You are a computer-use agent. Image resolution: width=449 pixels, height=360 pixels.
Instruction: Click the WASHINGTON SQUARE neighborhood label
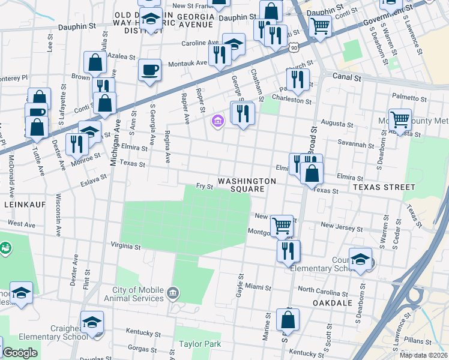[x=247, y=185]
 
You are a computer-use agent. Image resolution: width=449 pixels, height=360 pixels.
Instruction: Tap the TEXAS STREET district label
[x=384, y=187]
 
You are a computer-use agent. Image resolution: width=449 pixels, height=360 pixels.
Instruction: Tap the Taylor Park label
[x=200, y=344]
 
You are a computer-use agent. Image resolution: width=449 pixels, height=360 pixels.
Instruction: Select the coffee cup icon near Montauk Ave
[x=149, y=70]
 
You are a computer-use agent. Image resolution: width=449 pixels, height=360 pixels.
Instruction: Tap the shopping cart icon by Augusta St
[x=400, y=119]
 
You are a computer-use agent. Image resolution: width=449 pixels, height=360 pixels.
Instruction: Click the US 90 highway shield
[x=292, y=46]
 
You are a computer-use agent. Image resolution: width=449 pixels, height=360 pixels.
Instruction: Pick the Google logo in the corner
[x=20, y=353]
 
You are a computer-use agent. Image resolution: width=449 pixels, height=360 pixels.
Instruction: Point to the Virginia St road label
[x=125, y=246]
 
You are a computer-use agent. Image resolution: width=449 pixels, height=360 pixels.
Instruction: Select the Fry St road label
[x=205, y=187]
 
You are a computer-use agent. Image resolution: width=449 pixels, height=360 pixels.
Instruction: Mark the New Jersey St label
[x=342, y=226]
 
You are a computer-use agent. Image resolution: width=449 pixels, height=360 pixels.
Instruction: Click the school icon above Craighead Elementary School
[x=92, y=322]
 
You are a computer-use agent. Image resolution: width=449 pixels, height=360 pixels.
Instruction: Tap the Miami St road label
[x=259, y=287]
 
